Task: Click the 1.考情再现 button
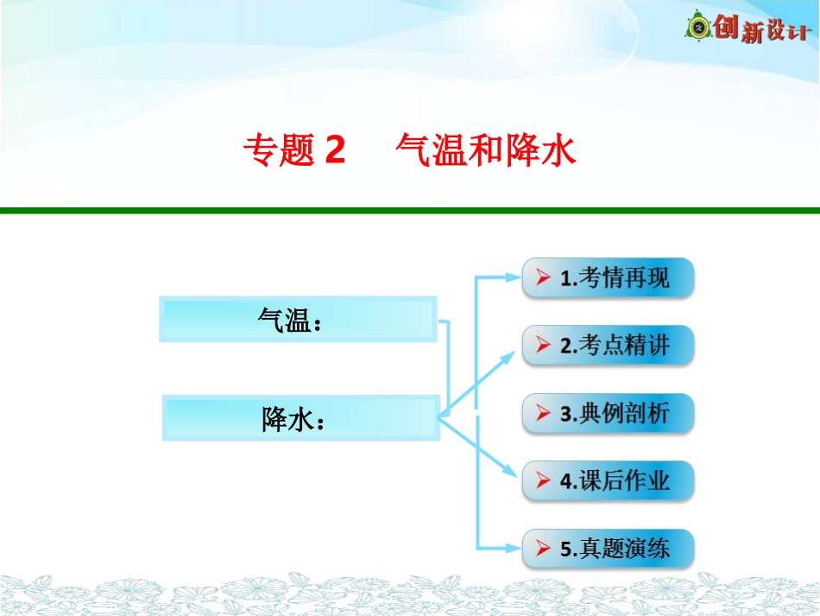tap(608, 278)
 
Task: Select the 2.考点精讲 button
tap(608, 346)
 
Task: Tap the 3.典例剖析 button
tap(608, 413)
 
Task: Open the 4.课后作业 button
tap(608, 480)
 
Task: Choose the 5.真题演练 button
tap(608, 548)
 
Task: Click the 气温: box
tap(298, 320)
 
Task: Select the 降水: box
tap(300, 418)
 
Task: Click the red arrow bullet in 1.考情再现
tap(543, 278)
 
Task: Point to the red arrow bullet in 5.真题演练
tap(543, 548)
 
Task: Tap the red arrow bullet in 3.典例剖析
tap(543, 413)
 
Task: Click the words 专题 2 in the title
tap(293, 152)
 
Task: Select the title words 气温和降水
tap(485, 152)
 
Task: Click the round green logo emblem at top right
tap(698, 29)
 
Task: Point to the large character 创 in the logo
tap(725, 28)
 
